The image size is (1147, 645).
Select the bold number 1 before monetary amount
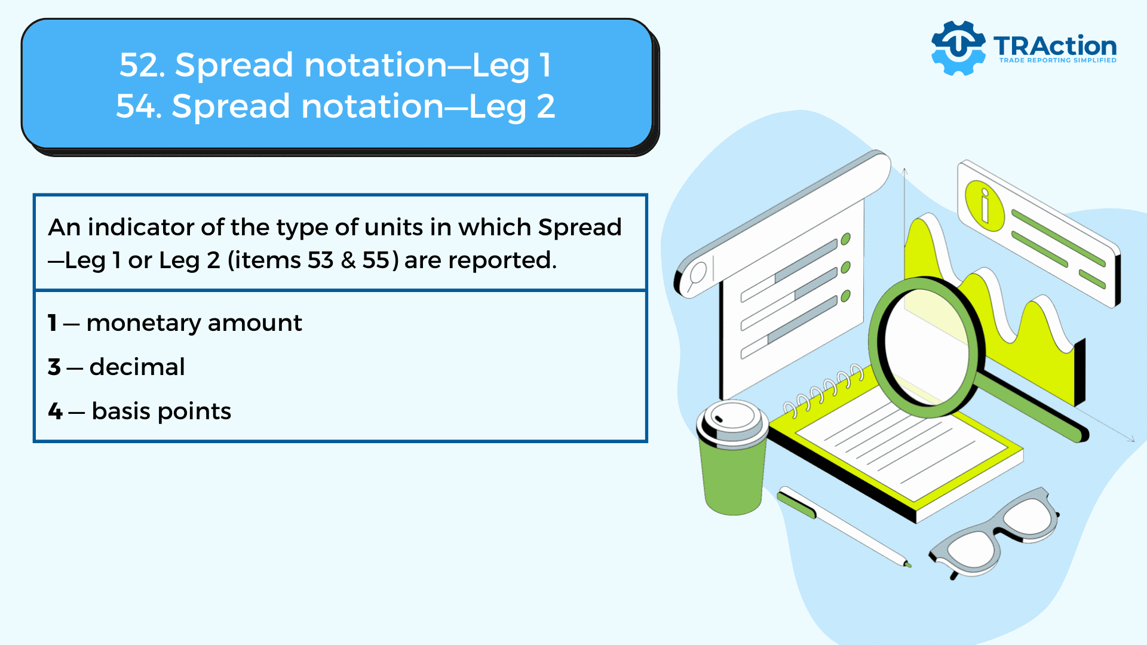(x=53, y=323)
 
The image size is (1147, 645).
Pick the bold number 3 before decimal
(x=54, y=367)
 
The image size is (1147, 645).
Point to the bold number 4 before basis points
(x=55, y=411)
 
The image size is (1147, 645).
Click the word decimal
(x=137, y=367)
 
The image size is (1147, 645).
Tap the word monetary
(x=143, y=323)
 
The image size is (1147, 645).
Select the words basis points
(x=161, y=411)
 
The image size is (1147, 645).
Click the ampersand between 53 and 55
(x=348, y=260)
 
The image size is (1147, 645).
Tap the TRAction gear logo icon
(x=958, y=48)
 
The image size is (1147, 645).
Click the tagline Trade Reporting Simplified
(x=1057, y=60)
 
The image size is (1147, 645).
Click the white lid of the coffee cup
(x=732, y=421)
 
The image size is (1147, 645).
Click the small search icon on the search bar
(x=697, y=275)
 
